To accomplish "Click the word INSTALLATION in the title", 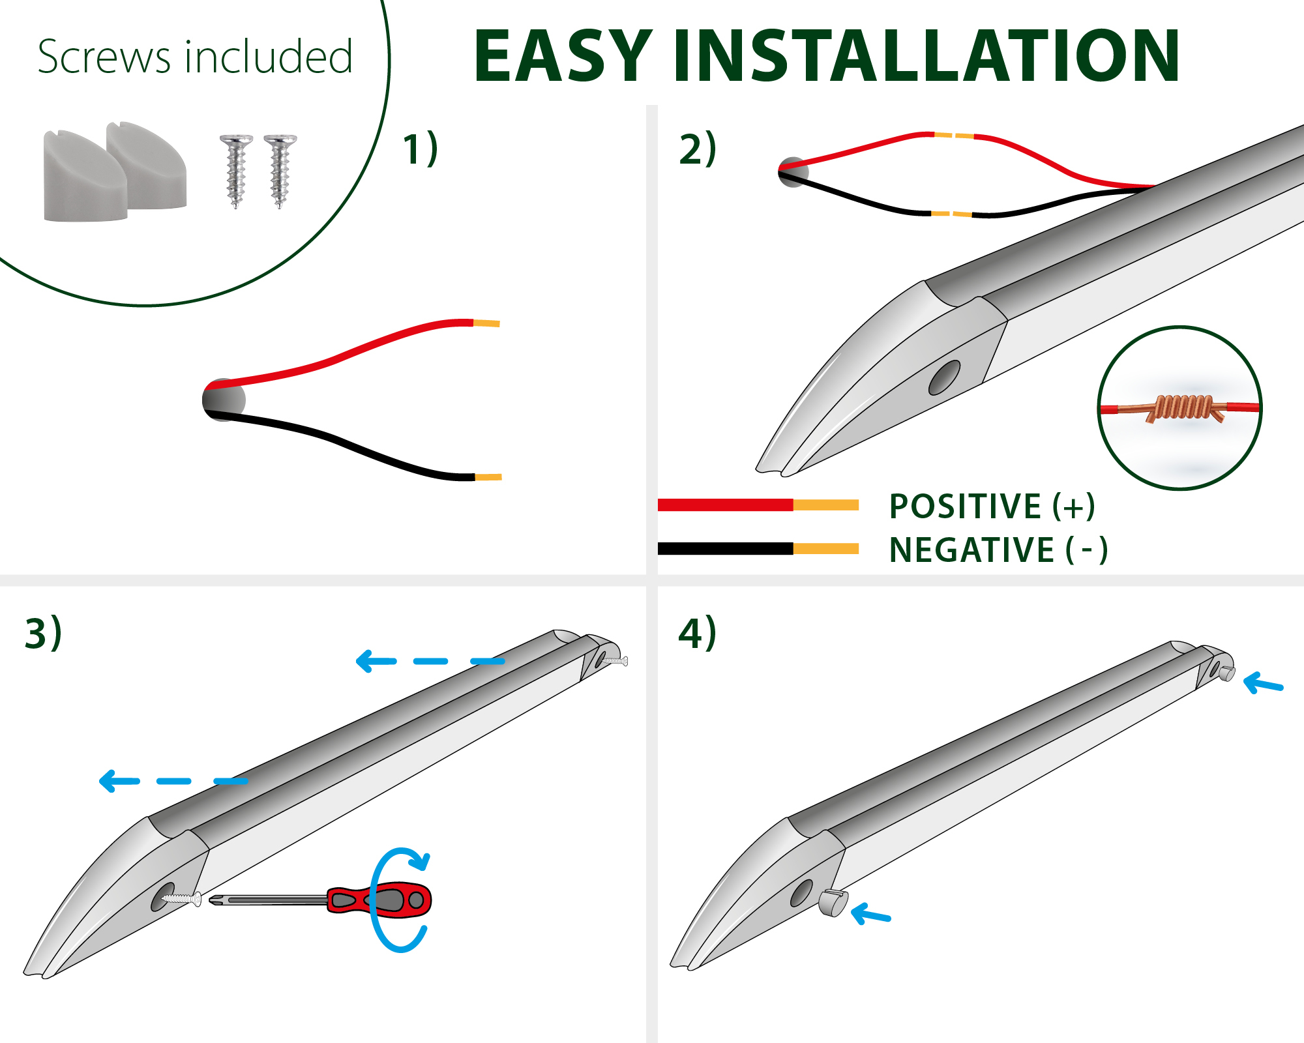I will pos(926,57).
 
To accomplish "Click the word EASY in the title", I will pos(562,57).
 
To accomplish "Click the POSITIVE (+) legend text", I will pos(991,507).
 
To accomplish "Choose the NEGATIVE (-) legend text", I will pos(998,550).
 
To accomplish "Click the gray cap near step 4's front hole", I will pos(833,903).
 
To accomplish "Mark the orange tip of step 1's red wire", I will pos(486,323).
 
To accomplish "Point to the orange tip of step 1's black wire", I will pos(488,477).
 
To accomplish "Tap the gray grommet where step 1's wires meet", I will pos(224,400).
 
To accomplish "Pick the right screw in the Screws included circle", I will pos(280,171).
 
